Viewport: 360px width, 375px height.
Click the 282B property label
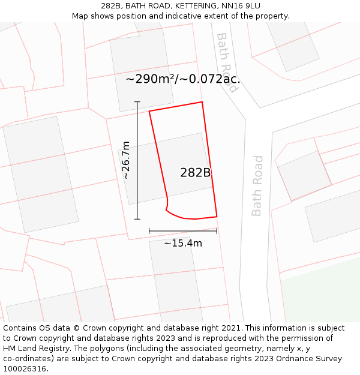[x=195, y=173]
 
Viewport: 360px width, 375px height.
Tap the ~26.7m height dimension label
[x=126, y=160]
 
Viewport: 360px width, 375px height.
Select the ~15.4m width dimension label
[x=183, y=243]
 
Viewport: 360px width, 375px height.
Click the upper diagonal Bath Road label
[x=227, y=62]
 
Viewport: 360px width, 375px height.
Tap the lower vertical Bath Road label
[x=257, y=186]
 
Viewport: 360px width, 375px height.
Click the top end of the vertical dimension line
[x=137, y=102]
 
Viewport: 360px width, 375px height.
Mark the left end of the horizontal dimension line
[x=149, y=230]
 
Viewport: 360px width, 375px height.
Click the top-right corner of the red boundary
[x=202, y=102]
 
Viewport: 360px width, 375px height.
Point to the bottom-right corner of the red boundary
[x=217, y=217]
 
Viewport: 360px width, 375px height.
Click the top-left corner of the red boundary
[x=149, y=111]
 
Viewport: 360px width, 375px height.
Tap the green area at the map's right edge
[x=324, y=294]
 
